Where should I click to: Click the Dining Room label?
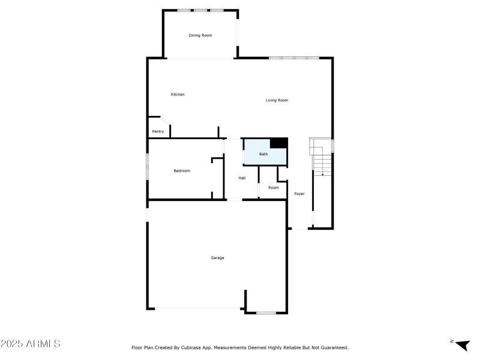click(x=200, y=35)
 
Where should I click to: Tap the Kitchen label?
click(x=178, y=94)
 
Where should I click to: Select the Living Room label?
click(x=277, y=100)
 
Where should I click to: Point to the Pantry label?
click(x=158, y=131)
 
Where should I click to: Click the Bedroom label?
click(x=182, y=171)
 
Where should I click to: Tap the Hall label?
click(x=242, y=178)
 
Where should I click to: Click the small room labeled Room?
click(x=274, y=188)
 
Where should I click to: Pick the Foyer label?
click(x=299, y=194)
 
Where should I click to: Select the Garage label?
click(x=217, y=258)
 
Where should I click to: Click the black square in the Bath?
click(x=278, y=143)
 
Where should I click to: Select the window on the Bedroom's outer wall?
click(x=148, y=166)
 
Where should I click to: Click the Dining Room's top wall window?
click(x=200, y=10)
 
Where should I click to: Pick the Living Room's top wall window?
click(x=294, y=58)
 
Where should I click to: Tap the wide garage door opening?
click(x=199, y=308)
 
